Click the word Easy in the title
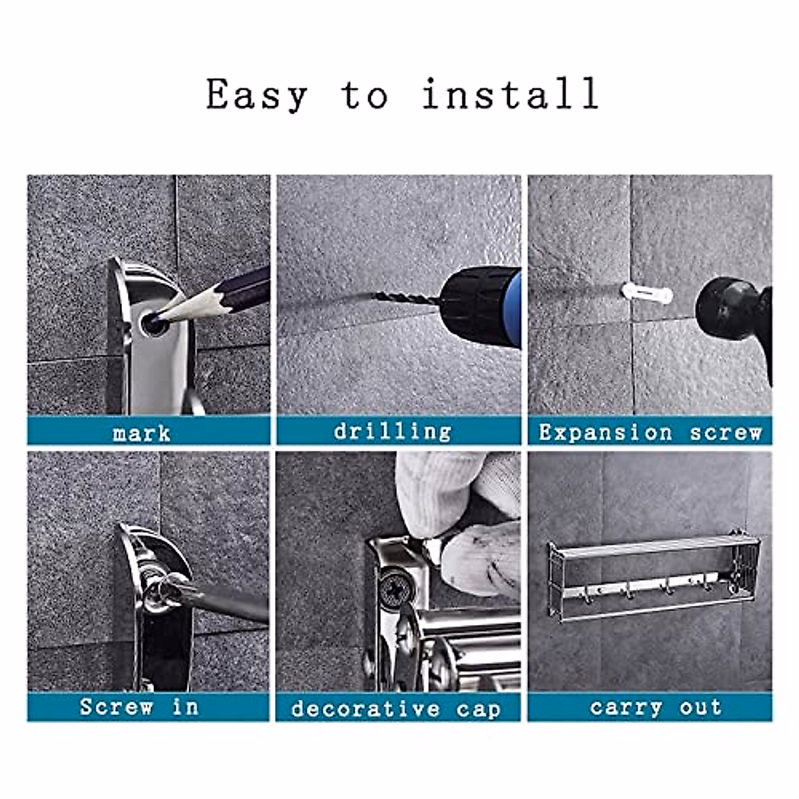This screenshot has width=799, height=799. point(257,95)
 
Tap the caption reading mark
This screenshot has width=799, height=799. point(142,433)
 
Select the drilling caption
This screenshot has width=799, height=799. point(393,431)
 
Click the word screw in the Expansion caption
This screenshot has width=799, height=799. point(726,433)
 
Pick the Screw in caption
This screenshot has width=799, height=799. point(138,707)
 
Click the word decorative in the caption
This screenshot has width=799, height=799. point(366,708)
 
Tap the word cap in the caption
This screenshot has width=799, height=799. point(479,709)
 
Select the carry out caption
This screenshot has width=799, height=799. point(655,707)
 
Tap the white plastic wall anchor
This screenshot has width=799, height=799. point(646,293)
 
